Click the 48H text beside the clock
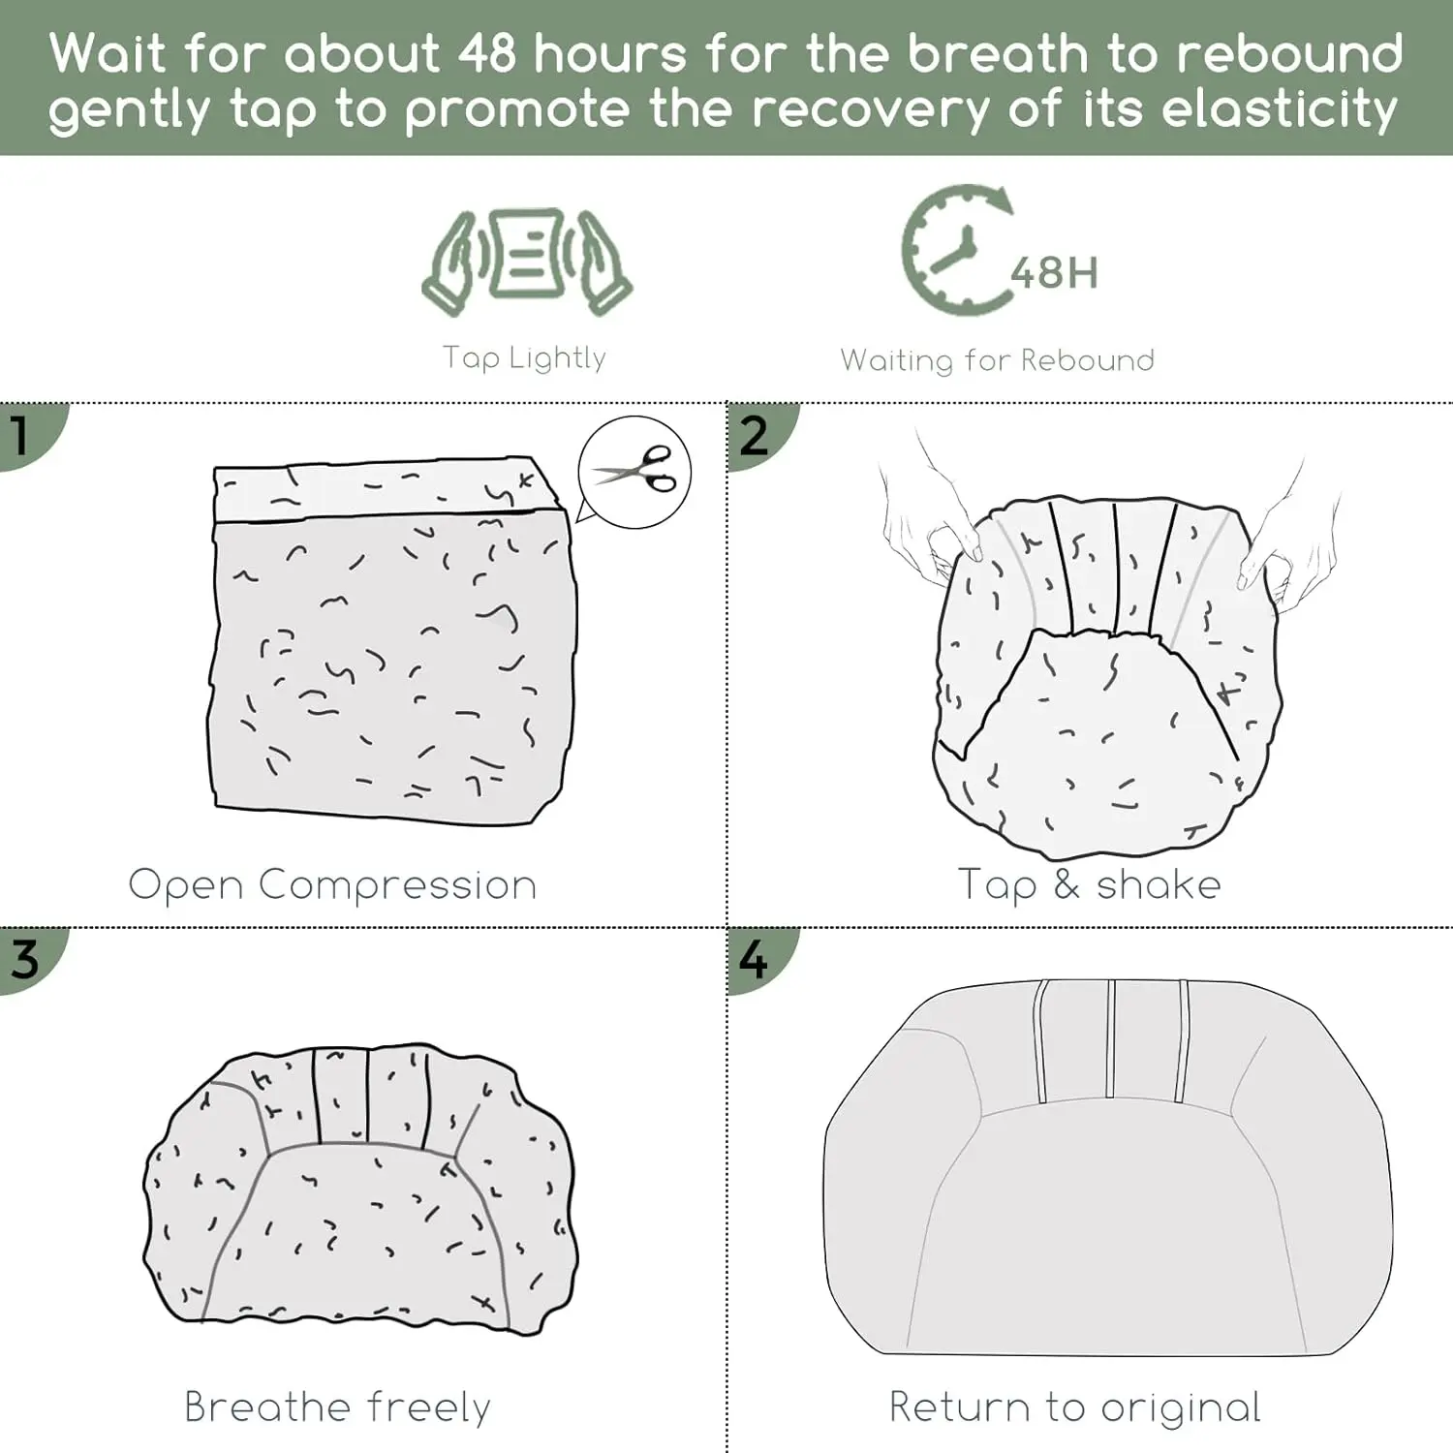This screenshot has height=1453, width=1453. pyautogui.click(x=1054, y=273)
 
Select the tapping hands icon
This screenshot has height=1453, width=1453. pyautogui.click(x=527, y=261)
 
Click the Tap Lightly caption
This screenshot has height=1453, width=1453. pyautogui.click(x=524, y=358)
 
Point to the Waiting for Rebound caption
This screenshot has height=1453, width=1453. pyautogui.click(x=998, y=360)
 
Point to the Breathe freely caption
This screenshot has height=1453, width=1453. pyautogui.click(x=337, y=1407)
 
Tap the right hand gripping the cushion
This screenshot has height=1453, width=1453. pyautogui.click(x=1288, y=542)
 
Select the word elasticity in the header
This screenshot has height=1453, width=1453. pyautogui.click(x=1280, y=108)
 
